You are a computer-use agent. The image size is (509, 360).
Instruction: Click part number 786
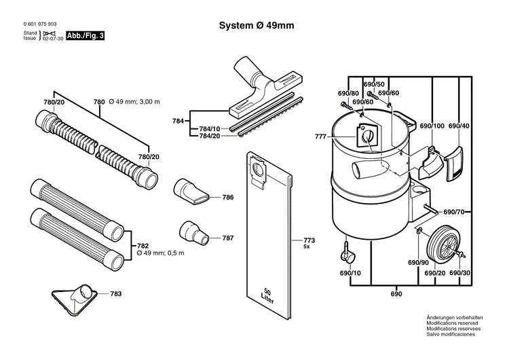pyautogui.click(x=228, y=198)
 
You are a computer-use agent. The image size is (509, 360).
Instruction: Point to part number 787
pyautogui.click(x=228, y=238)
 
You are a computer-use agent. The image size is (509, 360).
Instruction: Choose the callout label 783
pyautogui.click(x=116, y=294)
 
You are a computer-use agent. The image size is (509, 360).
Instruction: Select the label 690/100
pyautogui.click(x=432, y=126)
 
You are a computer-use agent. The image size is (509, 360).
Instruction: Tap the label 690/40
pyautogui.click(x=459, y=126)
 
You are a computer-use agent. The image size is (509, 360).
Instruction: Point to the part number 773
pyautogui.click(x=309, y=241)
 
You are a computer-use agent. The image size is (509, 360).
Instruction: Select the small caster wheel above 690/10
pyautogui.click(x=347, y=255)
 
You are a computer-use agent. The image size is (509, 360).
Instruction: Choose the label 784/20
pyautogui.click(x=210, y=135)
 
